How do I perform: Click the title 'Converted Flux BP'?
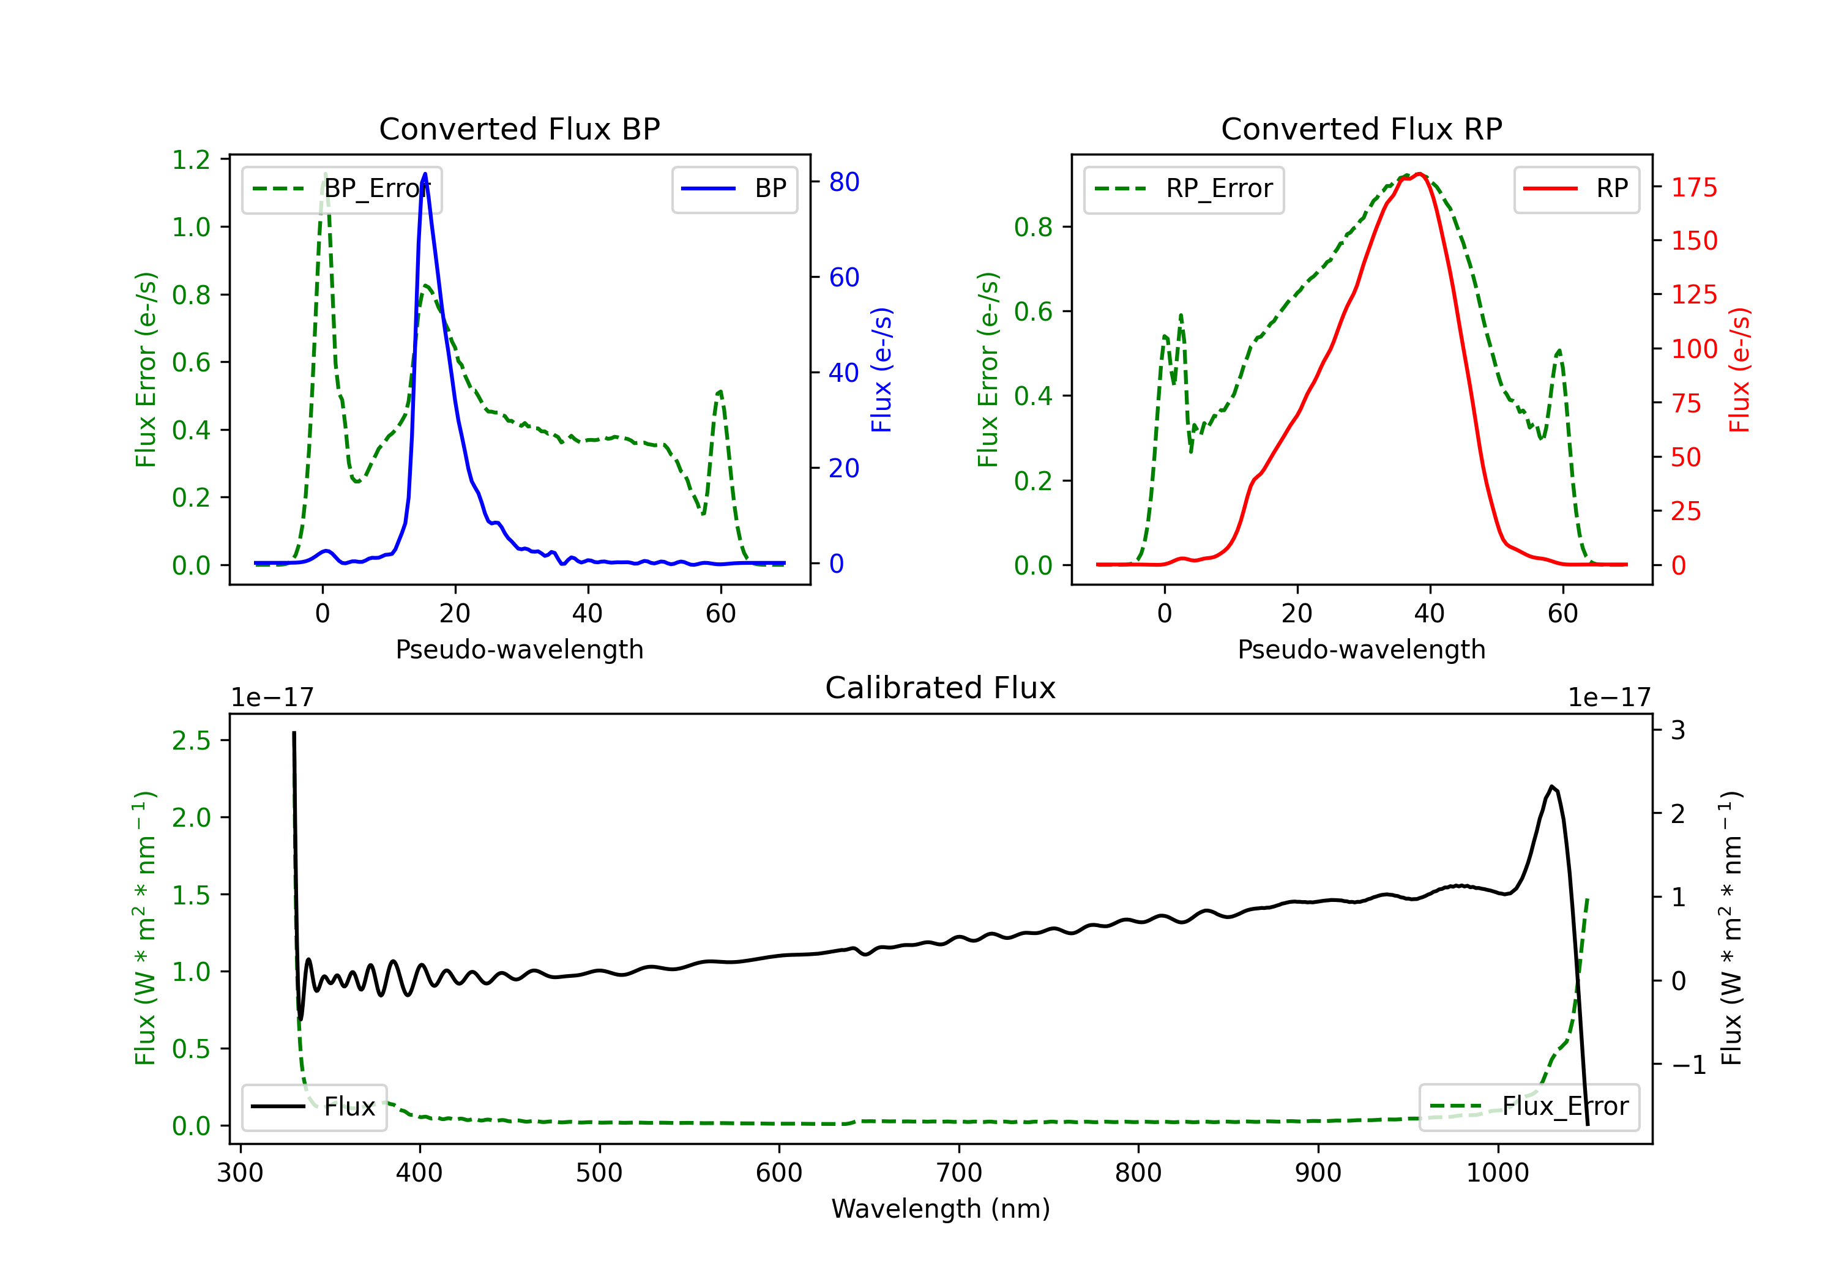[519, 128]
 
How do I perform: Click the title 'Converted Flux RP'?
[1361, 128]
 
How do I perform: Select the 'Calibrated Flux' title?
[941, 688]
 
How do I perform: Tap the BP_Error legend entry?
[341, 188]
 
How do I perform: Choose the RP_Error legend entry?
[1184, 188]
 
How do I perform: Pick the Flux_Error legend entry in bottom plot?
[1529, 1107]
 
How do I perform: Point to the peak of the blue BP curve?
[425, 174]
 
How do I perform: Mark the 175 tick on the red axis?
[1693, 187]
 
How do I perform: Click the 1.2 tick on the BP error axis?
[191, 160]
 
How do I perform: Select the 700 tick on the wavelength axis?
[959, 1173]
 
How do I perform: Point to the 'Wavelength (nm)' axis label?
[941, 1209]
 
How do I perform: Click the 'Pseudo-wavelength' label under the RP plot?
[1361, 649]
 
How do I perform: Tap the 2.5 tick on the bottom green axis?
[191, 740]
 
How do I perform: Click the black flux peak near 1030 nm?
[1551, 787]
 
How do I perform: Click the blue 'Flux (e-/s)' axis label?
[881, 370]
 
